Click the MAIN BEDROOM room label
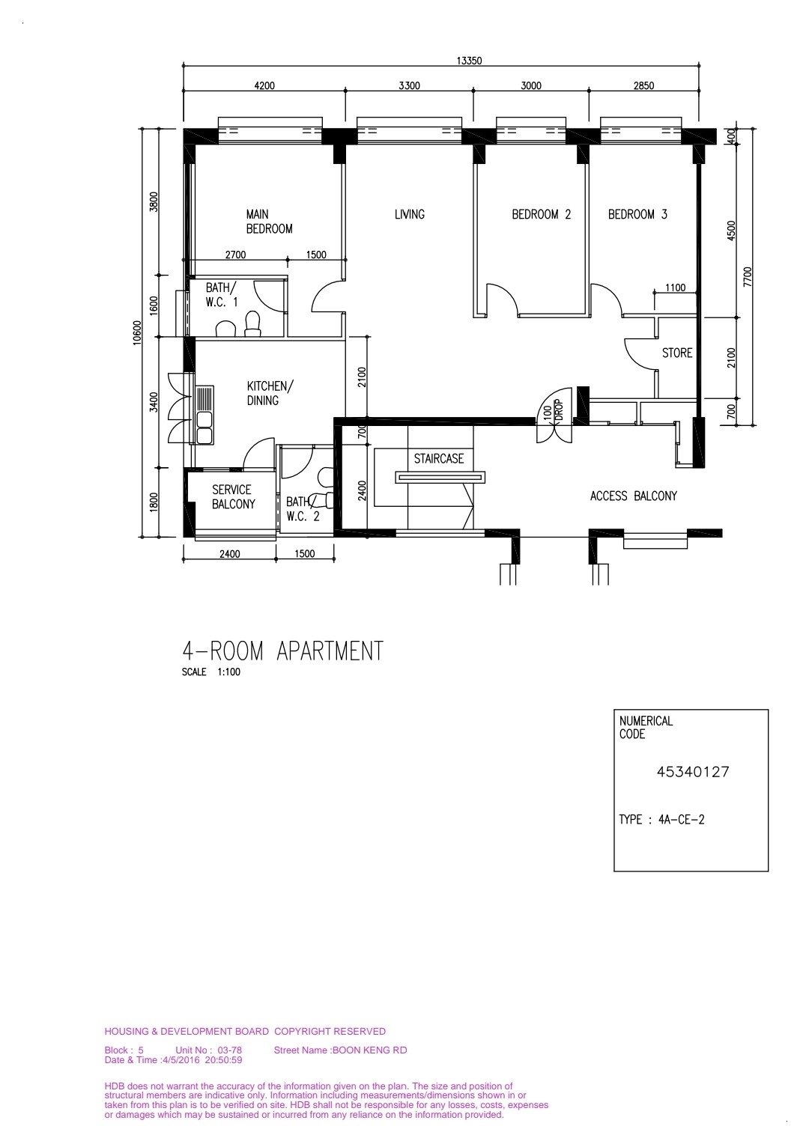(270, 222)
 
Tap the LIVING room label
(409, 214)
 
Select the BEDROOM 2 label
(542, 214)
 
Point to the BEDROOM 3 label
(637, 214)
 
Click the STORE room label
(677, 353)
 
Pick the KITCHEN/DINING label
(270, 393)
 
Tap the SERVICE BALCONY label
(233, 497)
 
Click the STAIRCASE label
(438, 459)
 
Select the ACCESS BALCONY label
(633, 496)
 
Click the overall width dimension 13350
(469, 61)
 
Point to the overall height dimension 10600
(137, 332)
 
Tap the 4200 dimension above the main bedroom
(264, 86)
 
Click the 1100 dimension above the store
(675, 288)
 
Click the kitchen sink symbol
(204, 415)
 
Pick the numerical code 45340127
(692, 772)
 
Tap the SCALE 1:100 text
(211, 672)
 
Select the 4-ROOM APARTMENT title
(282, 651)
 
